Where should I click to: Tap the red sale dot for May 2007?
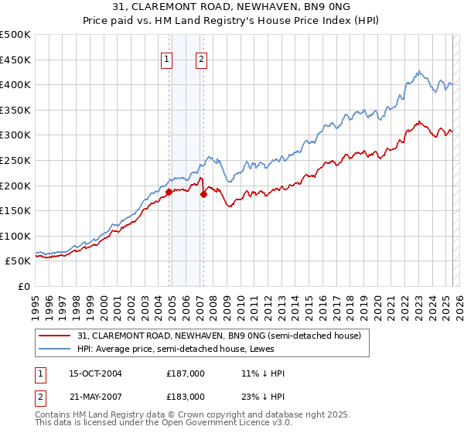[204, 194]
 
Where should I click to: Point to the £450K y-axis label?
[16, 60]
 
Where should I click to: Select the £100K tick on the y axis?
[16, 236]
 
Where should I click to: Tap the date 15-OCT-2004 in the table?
[96, 373]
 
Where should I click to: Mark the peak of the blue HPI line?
[418, 71]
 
